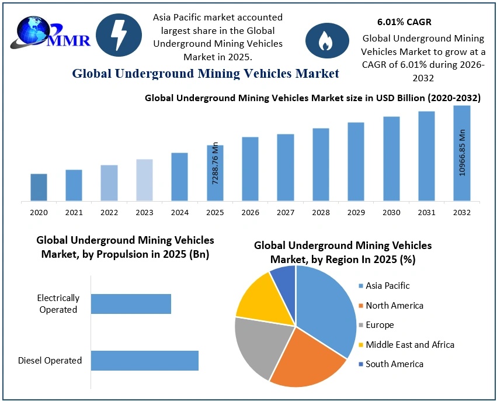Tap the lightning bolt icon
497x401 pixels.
click(x=119, y=36)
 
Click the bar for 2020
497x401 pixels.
click(x=39, y=187)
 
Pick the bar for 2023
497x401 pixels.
click(x=144, y=180)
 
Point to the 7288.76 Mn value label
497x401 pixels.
click(x=216, y=163)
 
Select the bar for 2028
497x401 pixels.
click(x=321, y=164)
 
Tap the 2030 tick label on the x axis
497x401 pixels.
click(x=391, y=213)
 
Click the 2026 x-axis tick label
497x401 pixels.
click(x=250, y=213)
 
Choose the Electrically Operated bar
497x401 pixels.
click(x=131, y=304)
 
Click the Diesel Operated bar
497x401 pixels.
click(x=145, y=361)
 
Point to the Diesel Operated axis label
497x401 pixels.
click(x=50, y=361)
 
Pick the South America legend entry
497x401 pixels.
click(x=394, y=364)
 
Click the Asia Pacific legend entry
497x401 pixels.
click(x=387, y=286)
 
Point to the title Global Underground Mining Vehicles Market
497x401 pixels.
click(x=206, y=74)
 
